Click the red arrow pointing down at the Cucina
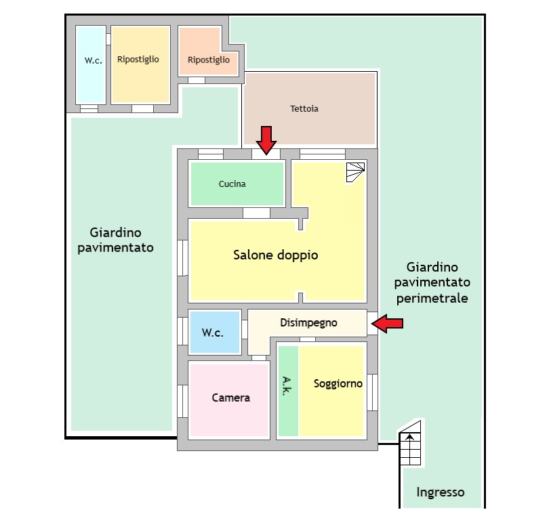point(266,140)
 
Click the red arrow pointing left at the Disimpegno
point(388,324)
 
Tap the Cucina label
point(232,184)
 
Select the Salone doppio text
point(276,255)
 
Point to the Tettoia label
point(304,108)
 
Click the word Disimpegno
point(308,323)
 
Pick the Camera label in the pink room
point(230,398)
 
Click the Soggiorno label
point(338,383)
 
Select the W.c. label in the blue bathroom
point(213,333)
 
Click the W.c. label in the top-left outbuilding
point(93,60)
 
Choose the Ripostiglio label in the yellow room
point(138,60)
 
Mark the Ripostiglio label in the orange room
point(209,60)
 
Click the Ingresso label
point(440,492)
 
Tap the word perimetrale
point(432,297)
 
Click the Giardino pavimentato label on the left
point(115,240)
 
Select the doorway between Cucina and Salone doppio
point(256,213)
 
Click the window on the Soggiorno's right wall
point(371,391)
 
